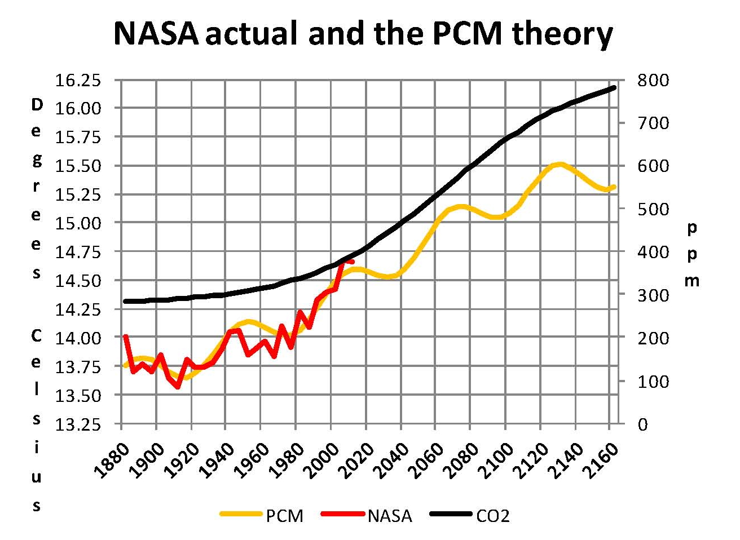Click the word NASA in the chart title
click(x=156, y=34)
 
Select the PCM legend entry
click(x=284, y=515)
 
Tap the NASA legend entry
click(x=390, y=515)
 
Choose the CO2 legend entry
click(x=492, y=515)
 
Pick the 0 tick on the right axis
click(x=644, y=424)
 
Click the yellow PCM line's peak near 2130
click(x=559, y=164)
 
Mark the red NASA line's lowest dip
click(x=178, y=387)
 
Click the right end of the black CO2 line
click(x=614, y=87)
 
